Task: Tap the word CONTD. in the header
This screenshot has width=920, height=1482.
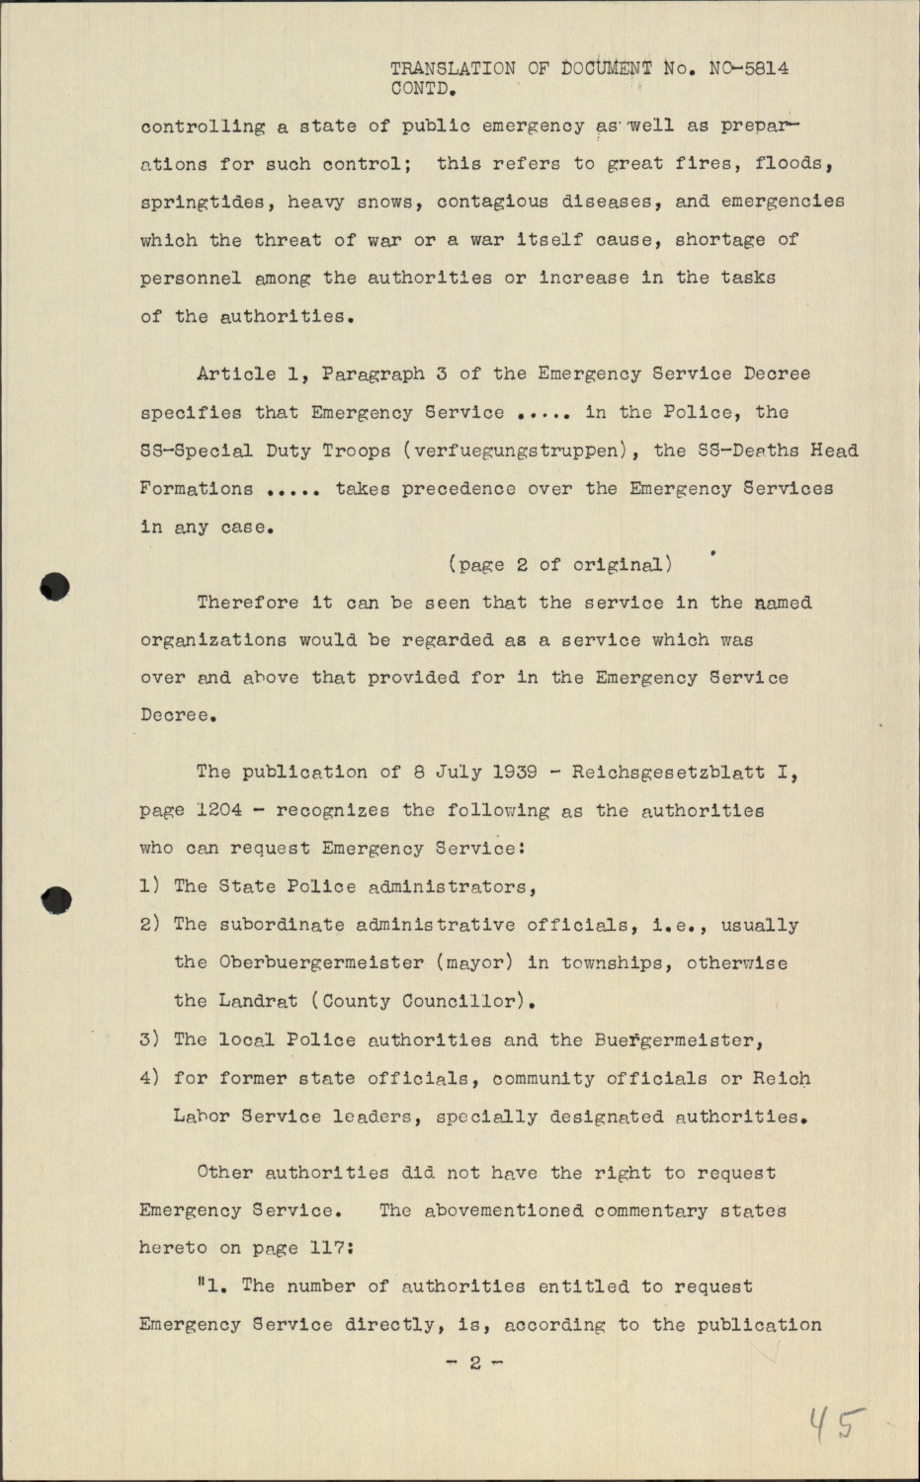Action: tap(423, 88)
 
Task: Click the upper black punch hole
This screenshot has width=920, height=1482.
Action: tap(55, 587)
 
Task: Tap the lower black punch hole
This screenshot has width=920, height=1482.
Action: tap(57, 899)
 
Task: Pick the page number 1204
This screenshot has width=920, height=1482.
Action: tap(218, 810)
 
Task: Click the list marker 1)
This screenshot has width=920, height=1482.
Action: tap(150, 886)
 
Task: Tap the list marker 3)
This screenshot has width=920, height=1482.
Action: tap(150, 1039)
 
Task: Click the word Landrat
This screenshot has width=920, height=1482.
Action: tap(258, 1001)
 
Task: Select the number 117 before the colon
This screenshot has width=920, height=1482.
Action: tap(326, 1248)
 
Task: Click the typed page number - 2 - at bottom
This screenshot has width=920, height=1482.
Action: tap(475, 1362)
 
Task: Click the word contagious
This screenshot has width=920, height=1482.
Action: tap(493, 202)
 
